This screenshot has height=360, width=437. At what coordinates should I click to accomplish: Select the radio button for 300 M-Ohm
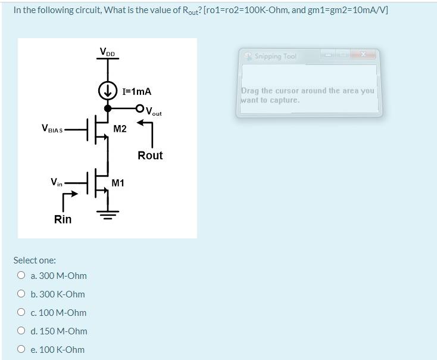pos(21,275)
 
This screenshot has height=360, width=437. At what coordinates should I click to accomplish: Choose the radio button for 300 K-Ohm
pos(21,294)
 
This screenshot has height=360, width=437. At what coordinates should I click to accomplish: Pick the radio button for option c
pos(21,312)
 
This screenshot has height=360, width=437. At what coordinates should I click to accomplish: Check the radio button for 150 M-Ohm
pos(21,331)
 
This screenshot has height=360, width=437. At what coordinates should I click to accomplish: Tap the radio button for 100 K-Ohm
pos(21,349)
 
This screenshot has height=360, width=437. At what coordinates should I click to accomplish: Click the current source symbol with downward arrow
pos(108,91)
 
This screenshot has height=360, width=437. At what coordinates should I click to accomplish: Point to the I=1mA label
pos(136,91)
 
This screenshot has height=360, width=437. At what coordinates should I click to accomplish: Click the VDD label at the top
pos(108,53)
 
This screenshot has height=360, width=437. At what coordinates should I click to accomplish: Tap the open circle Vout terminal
pos(140,108)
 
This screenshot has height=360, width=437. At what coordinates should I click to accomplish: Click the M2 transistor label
pos(120,129)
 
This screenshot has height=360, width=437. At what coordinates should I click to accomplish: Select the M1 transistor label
pos(118,182)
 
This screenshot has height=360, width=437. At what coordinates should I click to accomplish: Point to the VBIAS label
pos(52,128)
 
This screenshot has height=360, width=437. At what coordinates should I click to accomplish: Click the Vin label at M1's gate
pos(56,182)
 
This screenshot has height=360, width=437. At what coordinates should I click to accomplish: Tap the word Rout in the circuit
pos(150,155)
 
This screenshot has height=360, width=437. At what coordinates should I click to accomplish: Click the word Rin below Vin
pos(63,219)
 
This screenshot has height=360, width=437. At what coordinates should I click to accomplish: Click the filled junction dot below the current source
pos(108,108)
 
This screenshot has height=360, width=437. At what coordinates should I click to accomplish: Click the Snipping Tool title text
pos(275,57)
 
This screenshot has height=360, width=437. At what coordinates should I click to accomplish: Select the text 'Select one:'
pos(35,260)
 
